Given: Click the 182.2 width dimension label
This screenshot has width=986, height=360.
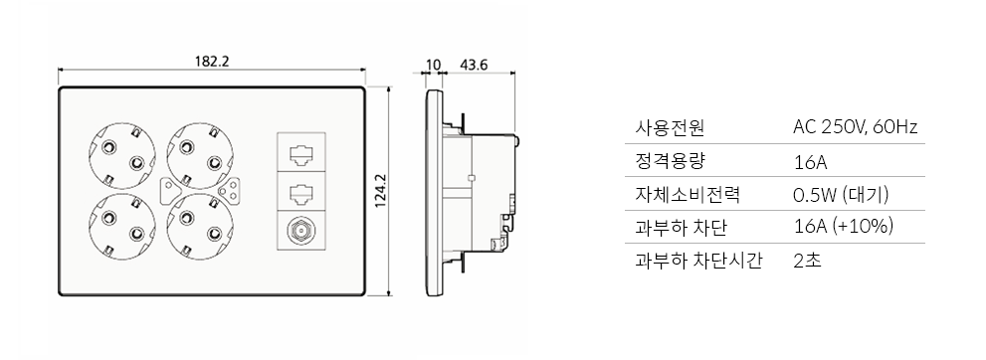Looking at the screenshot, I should pyautogui.click(x=211, y=61).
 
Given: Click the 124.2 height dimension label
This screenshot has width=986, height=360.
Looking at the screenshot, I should pyautogui.click(x=379, y=191).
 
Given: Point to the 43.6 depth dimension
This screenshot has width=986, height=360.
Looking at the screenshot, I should pyautogui.click(x=474, y=66).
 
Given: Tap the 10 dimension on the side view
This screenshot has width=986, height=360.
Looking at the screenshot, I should pyautogui.click(x=433, y=66).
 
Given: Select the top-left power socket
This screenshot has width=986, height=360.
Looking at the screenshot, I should pyautogui.click(x=121, y=155).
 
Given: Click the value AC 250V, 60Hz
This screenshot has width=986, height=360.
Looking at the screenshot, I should pyautogui.click(x=854, y=127).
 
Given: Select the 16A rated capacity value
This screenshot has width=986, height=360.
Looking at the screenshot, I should pyautogui.click(x=810, y=162).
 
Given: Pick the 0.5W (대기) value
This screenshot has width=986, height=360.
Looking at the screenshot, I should pyautogui.click(x=840, y=194).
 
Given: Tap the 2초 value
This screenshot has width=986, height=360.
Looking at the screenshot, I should pyautogui.click(x=806, y=262).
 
